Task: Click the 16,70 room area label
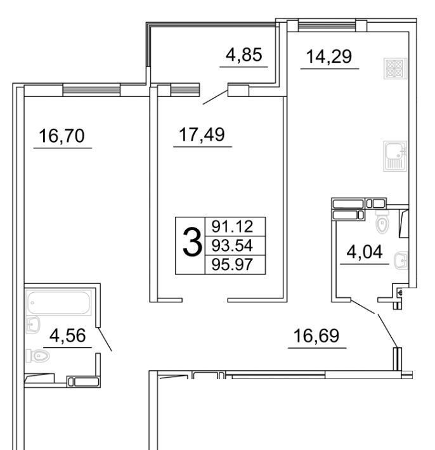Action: pos(62,136)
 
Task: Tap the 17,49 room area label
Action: pos(202,134)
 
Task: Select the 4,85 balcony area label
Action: pos(243,55)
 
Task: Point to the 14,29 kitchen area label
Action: pos(329,56)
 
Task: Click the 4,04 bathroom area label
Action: pos(365,252)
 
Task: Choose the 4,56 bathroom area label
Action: pos(67,335)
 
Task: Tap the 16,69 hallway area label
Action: pos(316,336)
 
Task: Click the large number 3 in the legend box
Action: pos(192,242)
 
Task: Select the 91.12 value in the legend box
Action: pos(232,227)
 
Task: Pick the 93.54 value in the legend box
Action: pos(232,246)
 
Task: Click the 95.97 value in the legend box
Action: pos(232,264)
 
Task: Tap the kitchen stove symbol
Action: pos(396,68)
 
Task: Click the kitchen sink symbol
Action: pos(395,156)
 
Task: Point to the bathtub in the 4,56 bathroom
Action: pos(58,303)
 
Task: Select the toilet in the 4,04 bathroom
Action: pos(382,222)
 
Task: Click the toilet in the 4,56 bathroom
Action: pos(37,356)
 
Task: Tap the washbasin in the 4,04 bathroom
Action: pos(401,260)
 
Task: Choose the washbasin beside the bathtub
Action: pos(33,325)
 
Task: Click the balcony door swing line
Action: pos(216,98)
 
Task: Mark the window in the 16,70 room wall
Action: pos(91,90)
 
